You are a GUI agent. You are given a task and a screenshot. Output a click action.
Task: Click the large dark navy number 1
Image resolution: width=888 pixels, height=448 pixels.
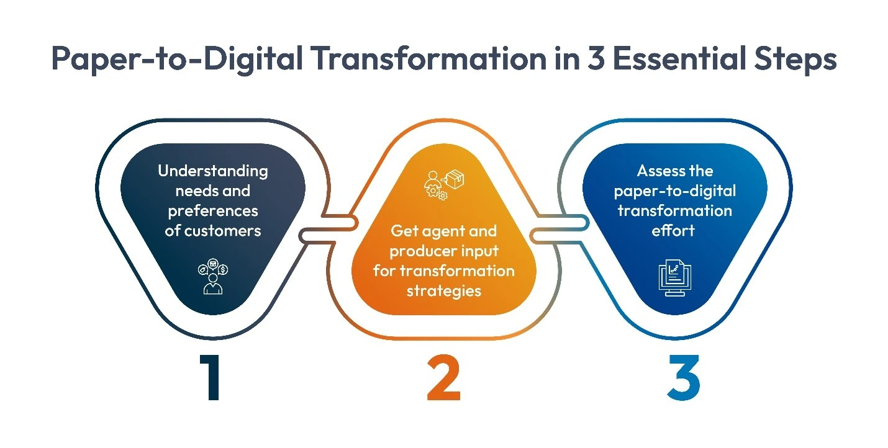[x=211, y=378]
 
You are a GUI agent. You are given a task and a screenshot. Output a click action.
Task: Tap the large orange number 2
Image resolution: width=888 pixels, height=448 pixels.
[x=443, y=378]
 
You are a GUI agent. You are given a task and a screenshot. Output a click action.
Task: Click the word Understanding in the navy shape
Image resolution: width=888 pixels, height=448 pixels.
[x=212, y=171]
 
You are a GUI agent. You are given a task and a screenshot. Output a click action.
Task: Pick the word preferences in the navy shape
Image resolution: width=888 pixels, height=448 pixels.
[x=212, y=210]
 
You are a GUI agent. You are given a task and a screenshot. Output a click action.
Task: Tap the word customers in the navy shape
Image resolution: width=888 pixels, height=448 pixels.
[x=222, y=230]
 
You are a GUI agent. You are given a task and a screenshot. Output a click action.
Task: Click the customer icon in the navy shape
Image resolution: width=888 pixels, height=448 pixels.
[x=213, y=277]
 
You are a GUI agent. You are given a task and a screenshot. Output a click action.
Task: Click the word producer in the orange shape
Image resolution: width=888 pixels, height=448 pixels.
[x=421, y=251]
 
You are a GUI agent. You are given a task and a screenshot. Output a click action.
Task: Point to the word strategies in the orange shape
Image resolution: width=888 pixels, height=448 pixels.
[x=443, y=290]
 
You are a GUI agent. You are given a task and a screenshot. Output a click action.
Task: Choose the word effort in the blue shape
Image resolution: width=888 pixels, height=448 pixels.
[x=674, y=230]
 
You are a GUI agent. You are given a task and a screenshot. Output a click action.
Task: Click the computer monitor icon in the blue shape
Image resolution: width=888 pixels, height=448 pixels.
[x=674, y=278]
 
